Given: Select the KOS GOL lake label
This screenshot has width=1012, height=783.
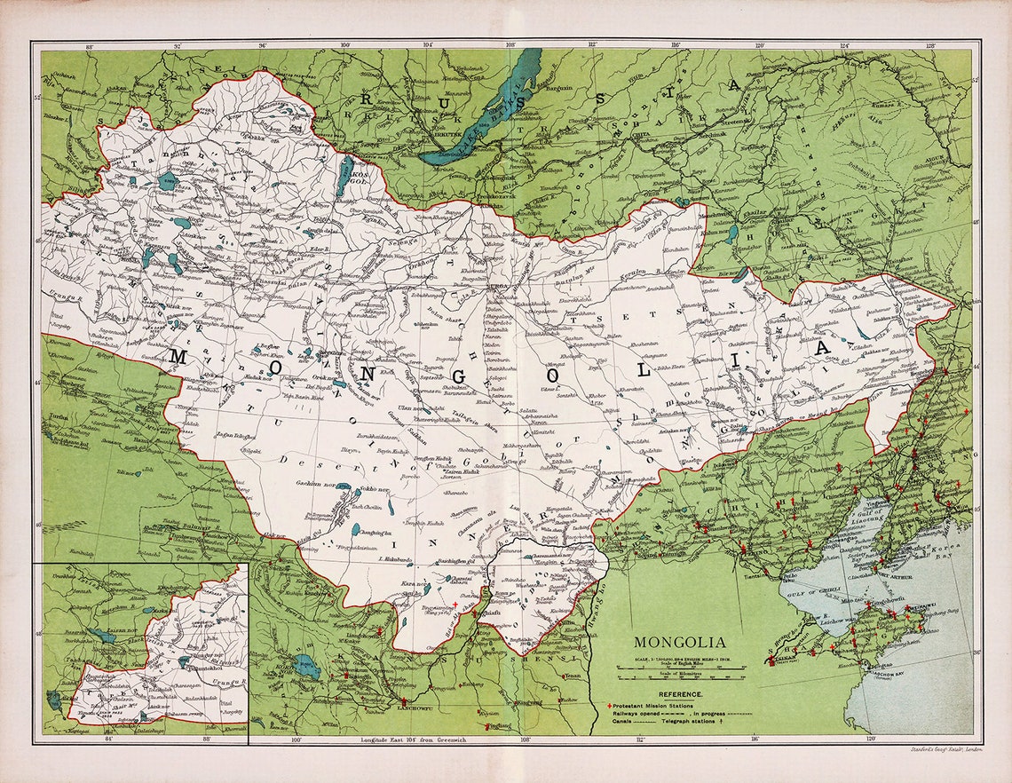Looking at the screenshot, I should click(x=360, y=178).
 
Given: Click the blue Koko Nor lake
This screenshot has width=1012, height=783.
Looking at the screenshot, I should click(x=307, y=667).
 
